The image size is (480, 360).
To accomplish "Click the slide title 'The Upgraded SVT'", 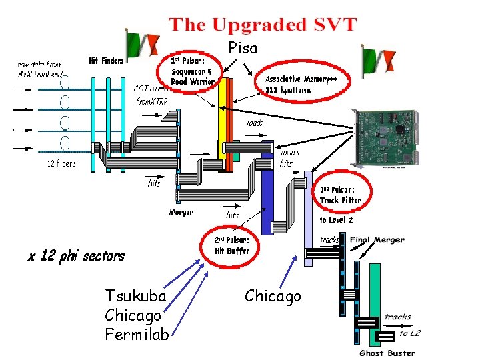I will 263,25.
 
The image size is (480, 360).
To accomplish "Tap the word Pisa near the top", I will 243,49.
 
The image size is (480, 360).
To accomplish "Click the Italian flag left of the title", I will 142,43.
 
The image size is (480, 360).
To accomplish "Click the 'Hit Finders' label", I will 106,61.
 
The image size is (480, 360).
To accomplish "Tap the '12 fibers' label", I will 61,163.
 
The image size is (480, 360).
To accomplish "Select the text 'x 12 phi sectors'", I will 76,256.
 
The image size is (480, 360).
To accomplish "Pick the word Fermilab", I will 137,335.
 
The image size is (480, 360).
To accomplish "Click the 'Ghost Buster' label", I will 387,353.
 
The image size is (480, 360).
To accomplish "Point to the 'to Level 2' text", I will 336,219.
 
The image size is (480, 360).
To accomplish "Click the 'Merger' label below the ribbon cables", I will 181,212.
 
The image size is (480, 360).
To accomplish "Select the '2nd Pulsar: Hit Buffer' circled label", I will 231,245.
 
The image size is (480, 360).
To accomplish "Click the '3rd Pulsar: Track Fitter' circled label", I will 340,194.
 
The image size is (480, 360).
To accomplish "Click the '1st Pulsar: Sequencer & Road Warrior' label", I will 191,71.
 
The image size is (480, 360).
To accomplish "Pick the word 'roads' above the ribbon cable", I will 255,123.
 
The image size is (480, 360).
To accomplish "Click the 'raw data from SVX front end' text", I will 39,69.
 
